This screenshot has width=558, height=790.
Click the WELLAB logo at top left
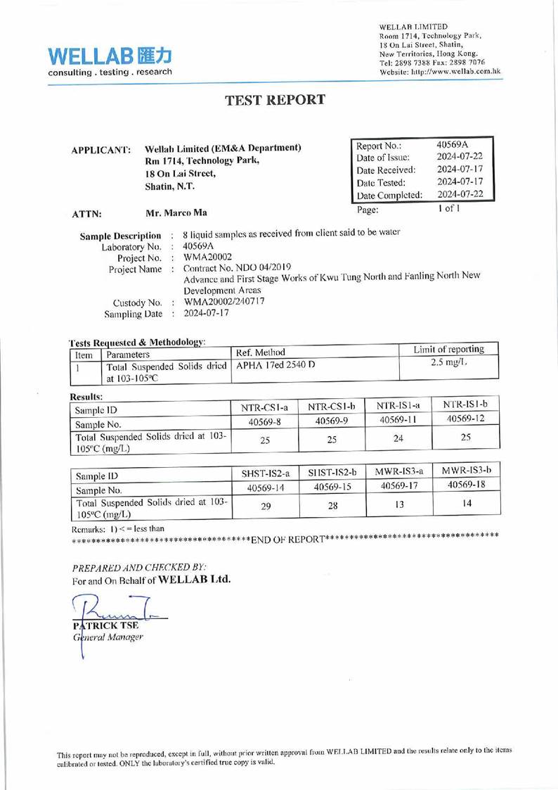(x=109, y=59)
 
